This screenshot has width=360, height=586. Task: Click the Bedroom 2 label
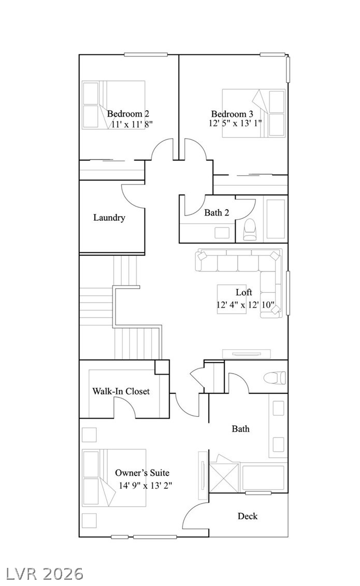(x=128, y=113)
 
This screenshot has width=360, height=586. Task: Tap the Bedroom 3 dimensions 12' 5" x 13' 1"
(x=235, y=123)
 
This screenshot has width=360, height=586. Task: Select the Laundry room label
(x=109, y=218)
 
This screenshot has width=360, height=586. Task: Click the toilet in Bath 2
(x=250, y=229)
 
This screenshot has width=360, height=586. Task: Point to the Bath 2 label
(x=217, y=212)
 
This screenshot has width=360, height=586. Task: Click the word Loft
(x=244, y=292)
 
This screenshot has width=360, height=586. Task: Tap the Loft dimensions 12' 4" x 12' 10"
(x=246, y=305)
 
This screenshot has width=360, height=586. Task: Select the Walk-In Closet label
(x=121, y=391)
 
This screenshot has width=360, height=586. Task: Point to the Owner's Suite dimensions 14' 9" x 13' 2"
(x=145, y=485)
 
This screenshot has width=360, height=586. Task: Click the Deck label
(x=248, y=516)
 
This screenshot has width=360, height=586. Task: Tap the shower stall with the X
(x=224, y=477)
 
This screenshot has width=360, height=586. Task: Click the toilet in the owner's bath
(x=275, y=378)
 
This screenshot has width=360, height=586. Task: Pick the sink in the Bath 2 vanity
(x=222, y=233)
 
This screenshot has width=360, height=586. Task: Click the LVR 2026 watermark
(x=42, y=573)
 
